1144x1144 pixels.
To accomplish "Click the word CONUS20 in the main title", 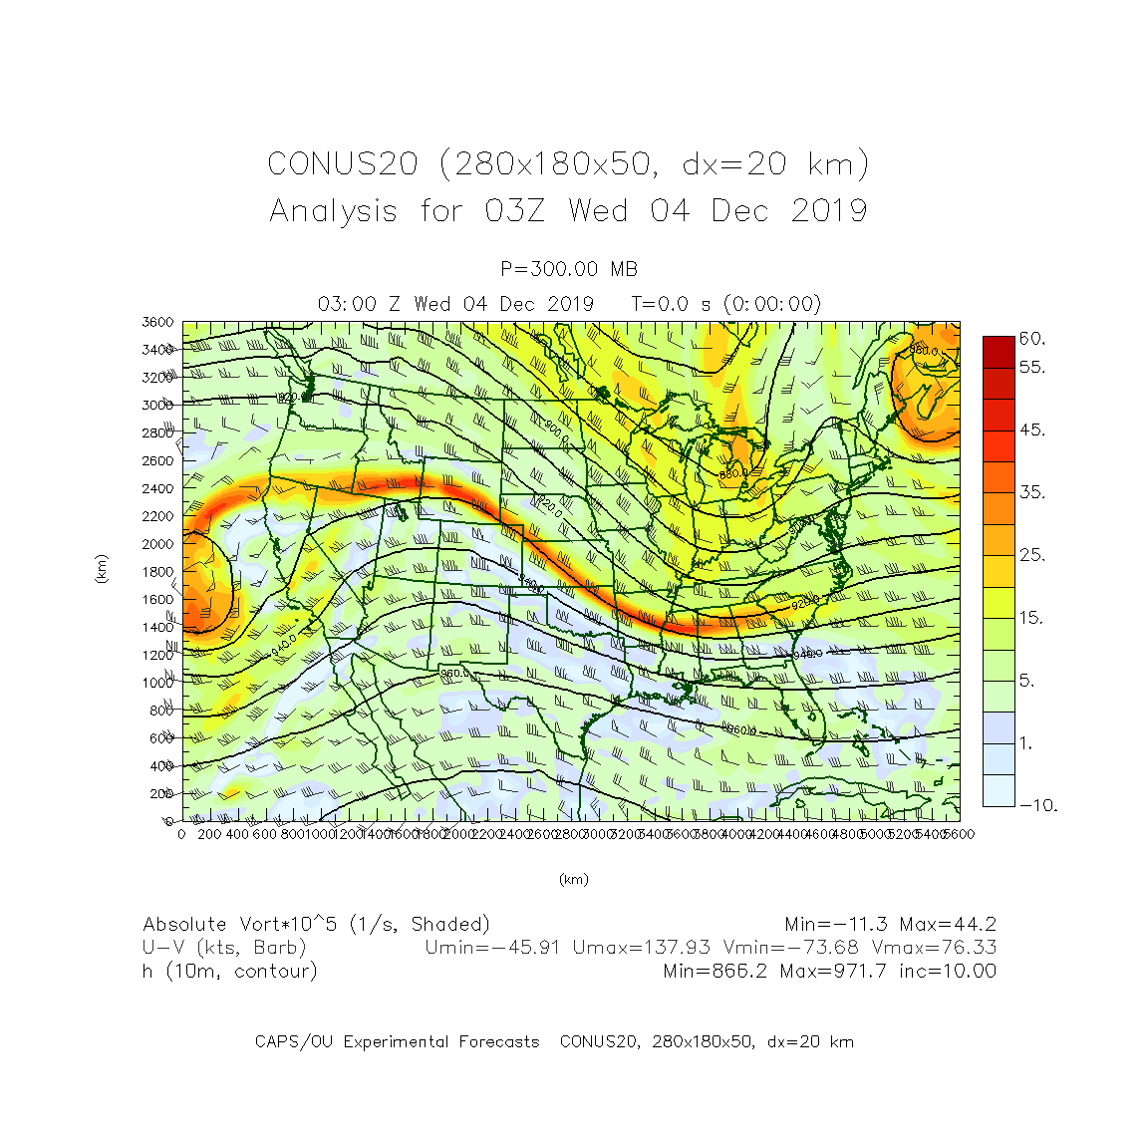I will click(x=343, y=164).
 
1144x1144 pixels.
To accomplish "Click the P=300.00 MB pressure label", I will click(x=569, y=269).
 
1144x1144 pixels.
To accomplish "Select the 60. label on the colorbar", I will click(x=1032, y=339).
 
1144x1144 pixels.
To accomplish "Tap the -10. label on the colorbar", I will click(x=1037, y=805).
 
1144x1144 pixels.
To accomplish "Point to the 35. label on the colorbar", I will click(x=1032, y=492).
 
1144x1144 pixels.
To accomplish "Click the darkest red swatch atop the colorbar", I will click(x=999, y=352).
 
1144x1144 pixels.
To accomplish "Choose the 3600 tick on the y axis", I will click(x=157, y=322).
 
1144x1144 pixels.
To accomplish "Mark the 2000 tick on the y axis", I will click(x=157, y=544).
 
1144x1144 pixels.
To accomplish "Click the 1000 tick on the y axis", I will click(x=157, y=683).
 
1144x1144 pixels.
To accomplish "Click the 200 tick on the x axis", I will click(x=209, y=834).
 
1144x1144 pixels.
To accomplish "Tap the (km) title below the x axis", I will click(x=573, y=879).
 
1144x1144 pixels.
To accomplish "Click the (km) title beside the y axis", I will click(x=101, y=569).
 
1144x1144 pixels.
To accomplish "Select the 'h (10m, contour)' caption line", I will click(x=230, y=972).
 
